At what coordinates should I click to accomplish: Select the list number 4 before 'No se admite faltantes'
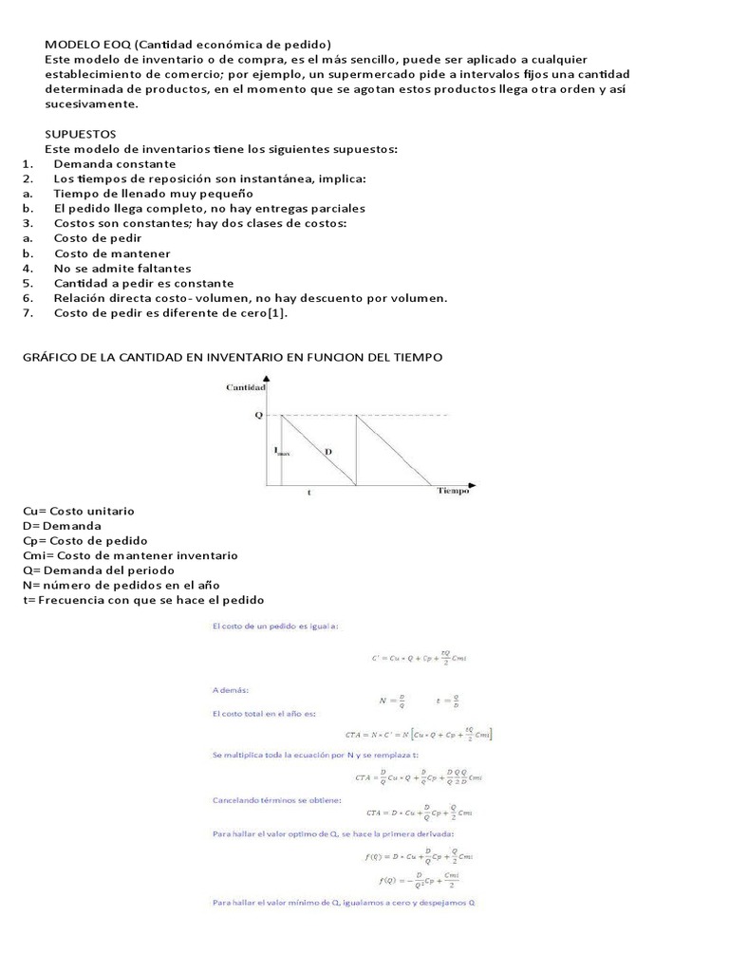tap(28, 269)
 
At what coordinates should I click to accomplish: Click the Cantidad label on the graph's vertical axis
tap(246, 387)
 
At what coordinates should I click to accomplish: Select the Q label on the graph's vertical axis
tap(257, 415)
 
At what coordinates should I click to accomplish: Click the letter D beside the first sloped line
tap(327, 452)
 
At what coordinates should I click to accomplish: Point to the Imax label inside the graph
tap(282, 452)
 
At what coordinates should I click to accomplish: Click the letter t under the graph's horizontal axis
tap(308, 493)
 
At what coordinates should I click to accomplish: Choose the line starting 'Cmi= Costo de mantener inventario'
tap(129, 555)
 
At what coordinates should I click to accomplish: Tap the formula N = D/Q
tap(391, 701)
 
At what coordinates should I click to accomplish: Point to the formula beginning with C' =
tap(418, 657)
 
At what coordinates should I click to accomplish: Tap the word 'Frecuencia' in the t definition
tap(65, 600)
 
